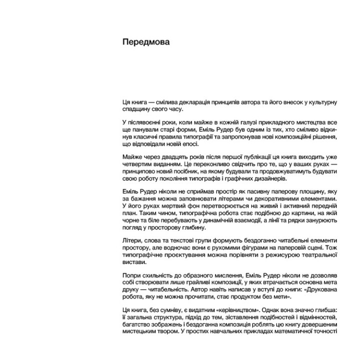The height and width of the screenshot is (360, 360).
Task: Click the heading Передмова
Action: coord(146,42)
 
